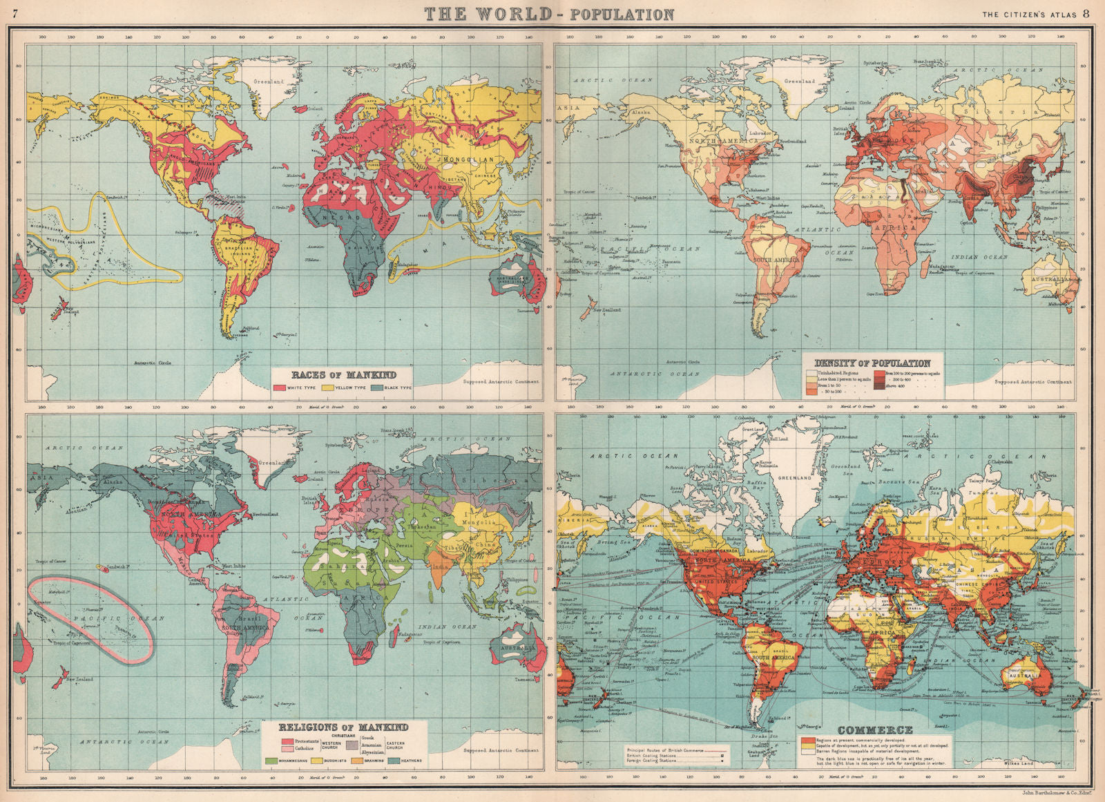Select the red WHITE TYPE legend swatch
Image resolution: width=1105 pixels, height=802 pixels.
click(280, 388)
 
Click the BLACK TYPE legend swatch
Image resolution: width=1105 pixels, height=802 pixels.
click(377, 388)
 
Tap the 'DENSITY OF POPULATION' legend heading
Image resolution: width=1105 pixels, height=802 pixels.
click(872, 363)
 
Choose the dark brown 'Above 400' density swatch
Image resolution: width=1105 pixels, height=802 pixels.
click(879, 386)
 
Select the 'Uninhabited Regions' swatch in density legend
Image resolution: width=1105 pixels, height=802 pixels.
click(811, 373)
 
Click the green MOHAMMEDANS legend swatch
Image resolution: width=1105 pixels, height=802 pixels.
click(271, 761)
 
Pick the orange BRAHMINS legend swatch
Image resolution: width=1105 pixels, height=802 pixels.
click(356, 761)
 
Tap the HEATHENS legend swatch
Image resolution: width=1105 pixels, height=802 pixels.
click(394, 761)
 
